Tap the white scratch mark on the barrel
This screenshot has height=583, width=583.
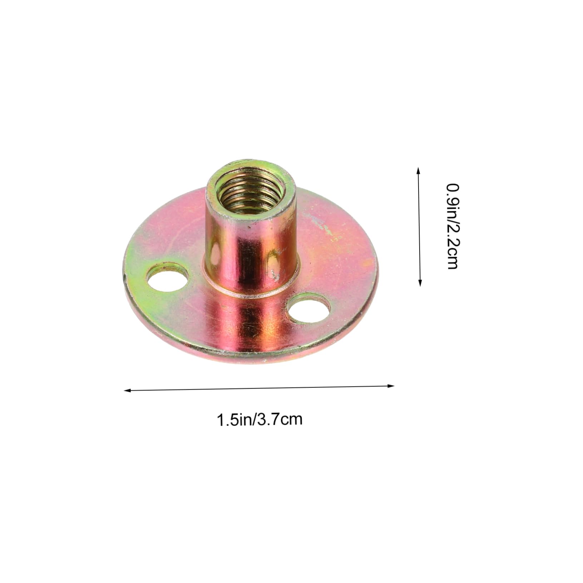[x=275, y=274]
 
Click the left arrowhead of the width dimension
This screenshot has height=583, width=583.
[x=126, y=390]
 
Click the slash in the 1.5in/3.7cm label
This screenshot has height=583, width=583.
[x=255, y=419]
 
